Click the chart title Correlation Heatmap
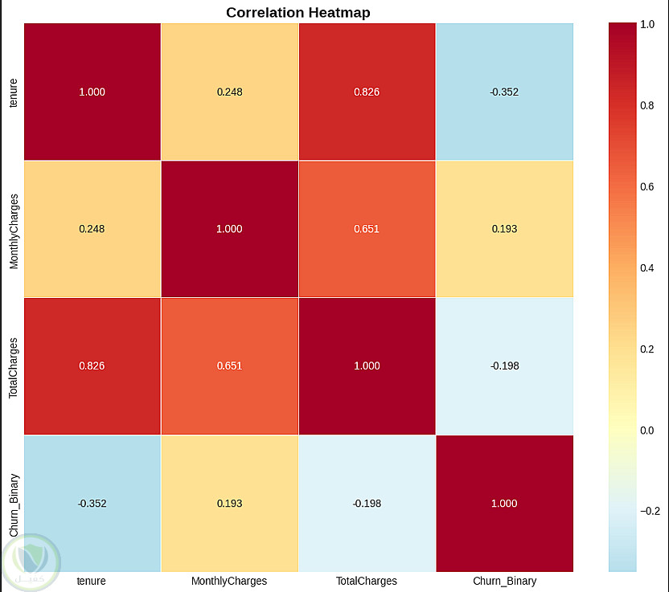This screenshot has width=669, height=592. pyautogui.click(x=298, y=12)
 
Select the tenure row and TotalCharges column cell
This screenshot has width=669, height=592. pyautogui.click(x=367, y=92)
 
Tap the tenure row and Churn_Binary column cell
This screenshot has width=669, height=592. pyautogui.click(x=504, y=92)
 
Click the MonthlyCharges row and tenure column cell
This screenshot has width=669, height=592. pyautogui.click(x=92, y=229)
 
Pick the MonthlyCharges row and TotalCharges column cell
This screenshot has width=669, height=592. pyautogui.click(x=367, y=229)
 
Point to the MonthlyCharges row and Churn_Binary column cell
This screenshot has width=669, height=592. pyautogui.click(x=504, y=229)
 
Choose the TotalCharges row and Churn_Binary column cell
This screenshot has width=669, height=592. pyautogui.click(x=504, y=366)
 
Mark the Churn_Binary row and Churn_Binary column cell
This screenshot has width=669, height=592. pyautogui.click(x=504, y=504)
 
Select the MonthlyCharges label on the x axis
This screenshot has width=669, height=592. pyautogui.click(x=229, y=580)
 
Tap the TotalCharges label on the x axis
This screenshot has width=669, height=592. pyautogui.click(x=367, y=580)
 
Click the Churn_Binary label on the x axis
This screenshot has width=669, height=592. pyautogui.click(x=504, y=580)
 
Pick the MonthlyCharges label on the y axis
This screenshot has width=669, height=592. pyautogui.click(x=13, y=229)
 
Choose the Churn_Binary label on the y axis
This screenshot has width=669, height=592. pyautogui.click(x=13, y=504)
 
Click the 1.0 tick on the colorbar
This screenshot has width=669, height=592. pyautogui.click(x=646, y=25)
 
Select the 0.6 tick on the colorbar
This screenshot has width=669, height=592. pyautogui.click(x=646, y=187)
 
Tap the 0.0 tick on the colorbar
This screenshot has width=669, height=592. pyautogui.click(x=646, y=430)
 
